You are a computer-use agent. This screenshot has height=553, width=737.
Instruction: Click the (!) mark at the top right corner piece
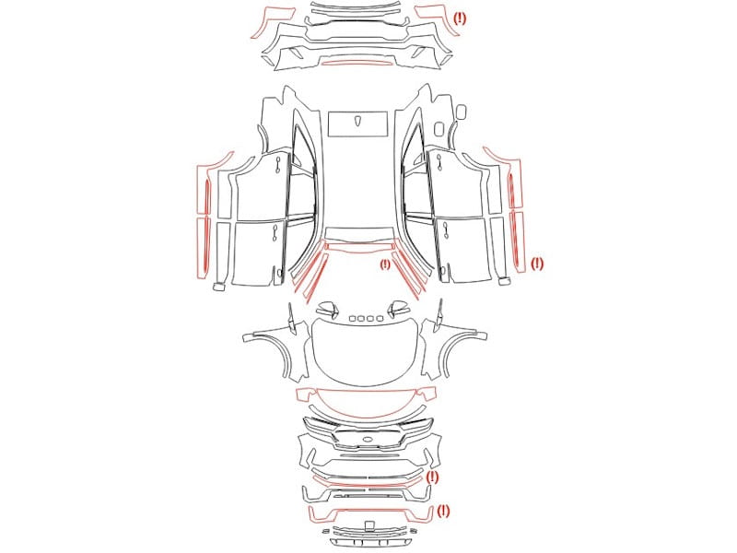click(x=460, y=18)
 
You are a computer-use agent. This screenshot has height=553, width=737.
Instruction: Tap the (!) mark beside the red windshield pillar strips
click(x=385, y=265)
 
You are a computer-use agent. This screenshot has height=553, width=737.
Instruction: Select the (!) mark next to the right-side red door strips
click(x=537, y=264)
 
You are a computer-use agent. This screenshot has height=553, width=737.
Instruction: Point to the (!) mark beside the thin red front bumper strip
click(x=432, y=477)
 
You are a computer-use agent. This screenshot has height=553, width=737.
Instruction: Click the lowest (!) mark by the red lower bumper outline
click(x=443, y=511)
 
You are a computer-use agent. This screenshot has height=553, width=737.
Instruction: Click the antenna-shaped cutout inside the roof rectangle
click(x=358, y=121)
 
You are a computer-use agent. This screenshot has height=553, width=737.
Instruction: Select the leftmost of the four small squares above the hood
click(x=353, y=319)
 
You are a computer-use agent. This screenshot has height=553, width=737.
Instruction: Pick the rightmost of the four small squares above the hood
click(x=380, y=319)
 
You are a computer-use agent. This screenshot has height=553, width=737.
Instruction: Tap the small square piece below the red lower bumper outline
click(x=370, y=524)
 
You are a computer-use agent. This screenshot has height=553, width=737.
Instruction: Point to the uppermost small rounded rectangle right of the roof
click(x=462, y=112)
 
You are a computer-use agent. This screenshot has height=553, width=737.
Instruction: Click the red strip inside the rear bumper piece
click(x=358, y=62)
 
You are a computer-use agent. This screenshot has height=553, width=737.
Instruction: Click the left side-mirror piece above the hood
click(x=328, y=310)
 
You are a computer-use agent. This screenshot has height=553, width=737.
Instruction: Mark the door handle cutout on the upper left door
click(x=278, y=165)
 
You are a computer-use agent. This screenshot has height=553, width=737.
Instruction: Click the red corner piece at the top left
click(x=271, y=21)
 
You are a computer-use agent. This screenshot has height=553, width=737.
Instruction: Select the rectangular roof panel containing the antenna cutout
click(x=358, y=124)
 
